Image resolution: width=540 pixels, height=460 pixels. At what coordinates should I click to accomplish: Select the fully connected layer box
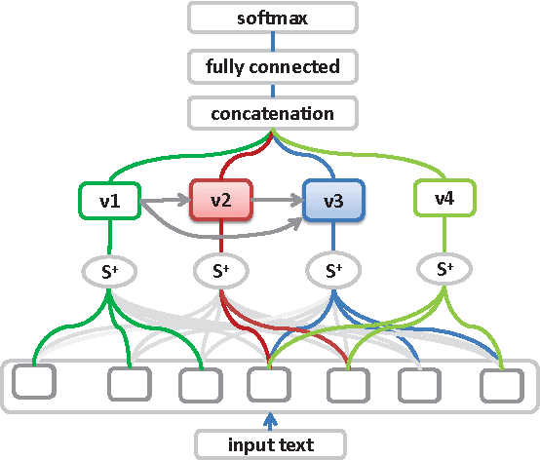pos(272,66)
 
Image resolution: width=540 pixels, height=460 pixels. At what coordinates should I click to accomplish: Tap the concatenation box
pos(272,114)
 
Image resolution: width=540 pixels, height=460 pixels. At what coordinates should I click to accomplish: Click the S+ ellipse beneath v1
pos(109,270)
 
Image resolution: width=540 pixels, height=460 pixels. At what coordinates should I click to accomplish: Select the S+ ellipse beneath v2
pos(221,270)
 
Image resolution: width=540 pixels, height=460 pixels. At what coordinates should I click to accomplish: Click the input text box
pos(272,444)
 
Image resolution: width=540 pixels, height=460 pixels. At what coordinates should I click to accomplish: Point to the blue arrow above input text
pos(272,419)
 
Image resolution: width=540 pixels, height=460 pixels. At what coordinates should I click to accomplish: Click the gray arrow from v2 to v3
pos(278,203)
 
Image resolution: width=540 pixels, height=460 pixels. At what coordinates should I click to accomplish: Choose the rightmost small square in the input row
pos(503,385)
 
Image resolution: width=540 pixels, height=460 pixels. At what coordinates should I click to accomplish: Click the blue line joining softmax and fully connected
pos(272,42)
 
